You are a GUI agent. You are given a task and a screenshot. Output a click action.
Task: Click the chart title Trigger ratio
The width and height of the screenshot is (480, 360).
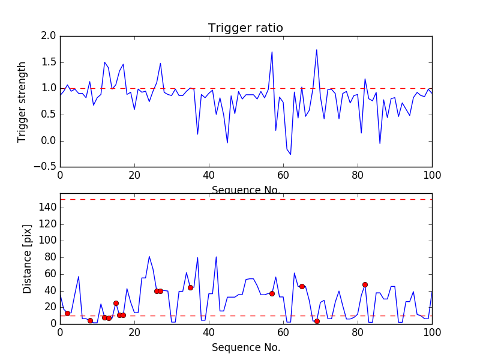click(x=245, y=28)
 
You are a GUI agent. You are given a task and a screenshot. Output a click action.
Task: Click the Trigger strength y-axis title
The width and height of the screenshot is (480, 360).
click(x=22, y=101)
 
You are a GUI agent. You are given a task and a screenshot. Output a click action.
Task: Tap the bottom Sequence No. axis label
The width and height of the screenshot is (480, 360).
click(x=245, y=347)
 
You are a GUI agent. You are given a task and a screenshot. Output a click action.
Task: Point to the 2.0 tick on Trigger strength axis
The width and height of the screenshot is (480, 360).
click(x=49, y=36)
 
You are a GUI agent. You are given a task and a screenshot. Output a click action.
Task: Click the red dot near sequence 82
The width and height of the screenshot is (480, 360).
click(x=365, y=284)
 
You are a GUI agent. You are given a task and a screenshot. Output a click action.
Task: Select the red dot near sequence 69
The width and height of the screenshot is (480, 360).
click(x=317, y=321)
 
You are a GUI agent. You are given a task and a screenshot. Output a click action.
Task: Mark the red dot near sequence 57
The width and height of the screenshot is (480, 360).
click(x=272, y=293)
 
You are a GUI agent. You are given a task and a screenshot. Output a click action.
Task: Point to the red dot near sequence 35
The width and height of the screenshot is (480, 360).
click(x=190, y=287)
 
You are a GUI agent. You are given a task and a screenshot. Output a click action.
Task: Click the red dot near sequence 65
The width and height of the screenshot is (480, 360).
click(x=302, y=286)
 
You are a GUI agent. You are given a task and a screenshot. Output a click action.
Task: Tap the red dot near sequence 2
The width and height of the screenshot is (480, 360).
click(x=67, y=313)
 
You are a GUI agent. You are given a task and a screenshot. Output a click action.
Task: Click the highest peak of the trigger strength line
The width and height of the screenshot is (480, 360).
click(x=316, y=50)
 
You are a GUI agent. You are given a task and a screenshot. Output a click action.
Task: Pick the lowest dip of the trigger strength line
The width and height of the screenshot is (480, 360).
click(x=290, y=154)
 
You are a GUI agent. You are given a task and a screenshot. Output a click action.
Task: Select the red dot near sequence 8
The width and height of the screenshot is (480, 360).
click(x=90, y=320)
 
